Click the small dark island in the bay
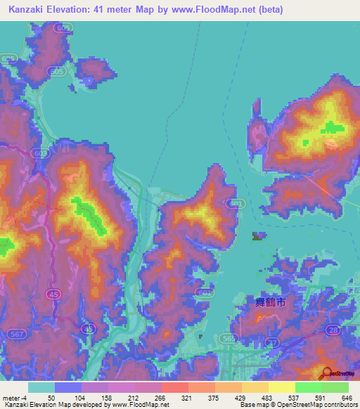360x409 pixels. pos(259,236)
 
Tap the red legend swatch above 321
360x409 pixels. pos(174,387)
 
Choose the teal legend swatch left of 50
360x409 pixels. pos(41,387)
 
